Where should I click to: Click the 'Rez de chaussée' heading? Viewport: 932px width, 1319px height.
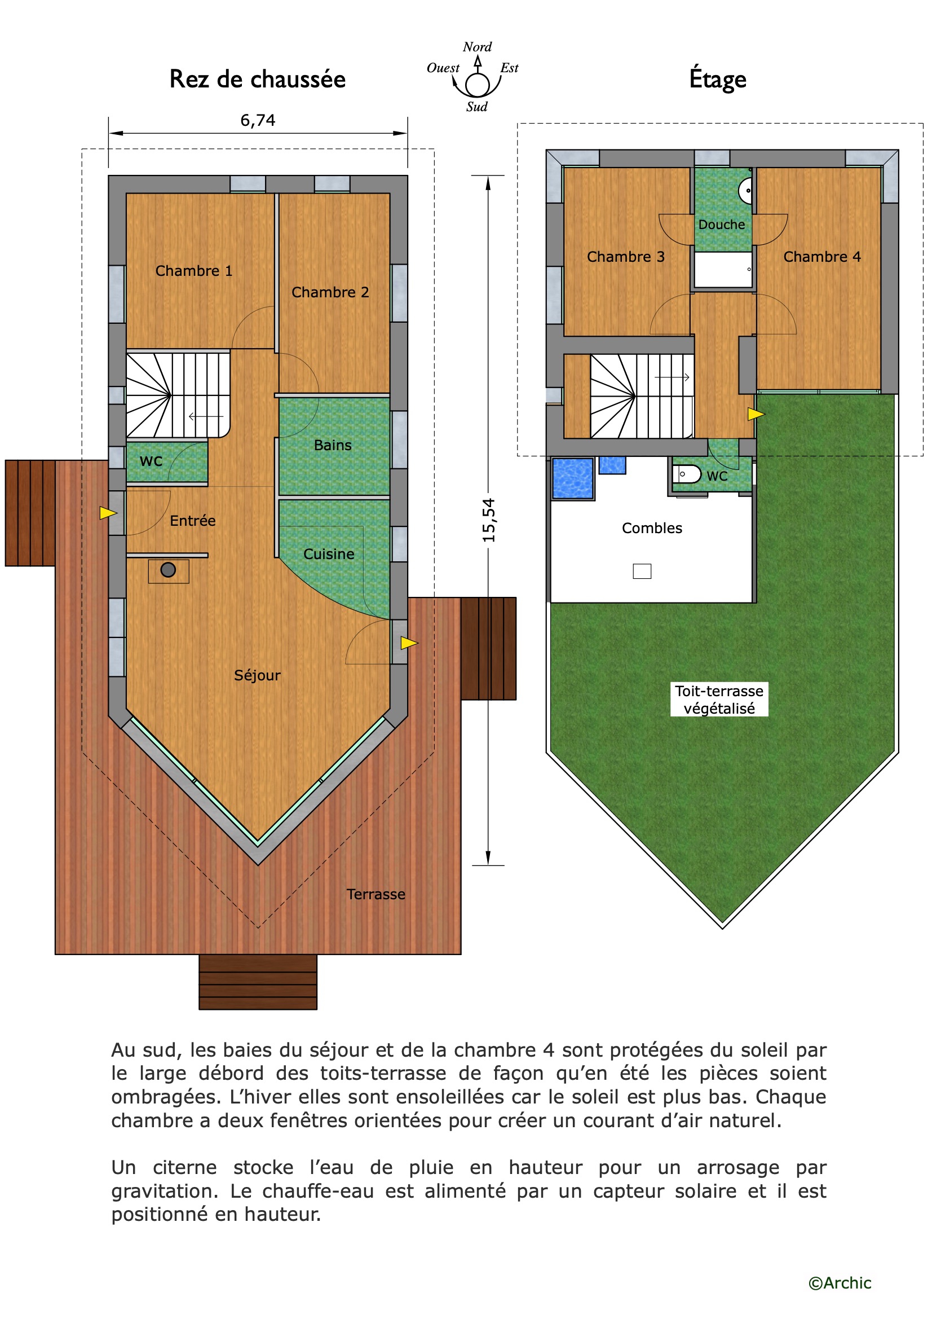click(x=257, y=80)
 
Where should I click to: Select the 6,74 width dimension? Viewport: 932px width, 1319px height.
click(x=258, y=120)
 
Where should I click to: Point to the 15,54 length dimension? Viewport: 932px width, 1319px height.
click(x=489, y=520)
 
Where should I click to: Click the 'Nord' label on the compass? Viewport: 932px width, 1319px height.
click(x=477, y=46)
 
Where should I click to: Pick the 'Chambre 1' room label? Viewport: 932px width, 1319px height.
click(x=194, y=271)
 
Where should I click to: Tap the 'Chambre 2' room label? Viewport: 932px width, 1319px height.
click(x=330, y=292)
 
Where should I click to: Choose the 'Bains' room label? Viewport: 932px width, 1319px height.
click(x=333, y=445)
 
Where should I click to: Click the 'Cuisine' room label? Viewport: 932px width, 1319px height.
click(x=329, y=554)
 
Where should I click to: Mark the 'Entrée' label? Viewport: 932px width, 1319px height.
click(x=192, y=521)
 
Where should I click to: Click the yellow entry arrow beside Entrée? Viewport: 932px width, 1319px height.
click(x=108, y=513)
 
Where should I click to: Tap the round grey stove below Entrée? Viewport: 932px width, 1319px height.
click(x=168, y=570)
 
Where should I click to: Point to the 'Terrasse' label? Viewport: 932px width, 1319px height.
click(x=376, y=894)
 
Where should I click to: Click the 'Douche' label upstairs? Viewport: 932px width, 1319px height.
click(x=721, y=225)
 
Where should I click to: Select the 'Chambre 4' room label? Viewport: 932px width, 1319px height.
click(x=821, y=257)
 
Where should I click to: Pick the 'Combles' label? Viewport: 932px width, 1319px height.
click(x=652, y=528)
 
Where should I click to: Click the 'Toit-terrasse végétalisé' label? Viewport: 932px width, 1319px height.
click(x=719, y=699)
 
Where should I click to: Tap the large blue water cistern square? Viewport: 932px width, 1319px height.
click(x=572, y=478)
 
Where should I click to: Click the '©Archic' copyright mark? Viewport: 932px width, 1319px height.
click(x=840, y=1283)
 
